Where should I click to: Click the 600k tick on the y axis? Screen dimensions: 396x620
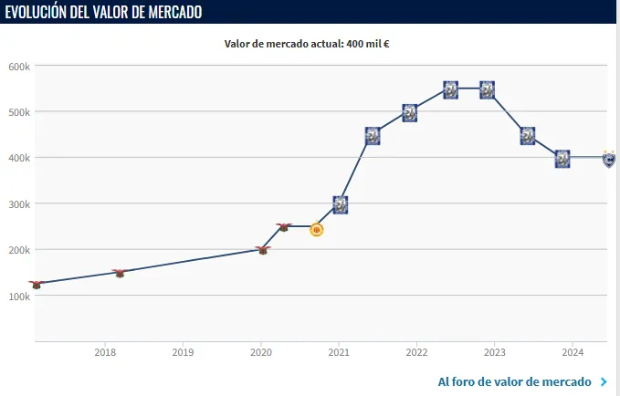point(20,66)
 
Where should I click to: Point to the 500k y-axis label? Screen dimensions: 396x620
point(20,111)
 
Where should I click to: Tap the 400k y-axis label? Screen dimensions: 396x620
point(20,158)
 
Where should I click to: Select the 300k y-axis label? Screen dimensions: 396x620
point(20,203)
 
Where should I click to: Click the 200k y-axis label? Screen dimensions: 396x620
point(20,250)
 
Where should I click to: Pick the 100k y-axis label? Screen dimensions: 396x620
point(20,296)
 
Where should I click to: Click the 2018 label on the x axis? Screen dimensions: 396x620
point(105,352)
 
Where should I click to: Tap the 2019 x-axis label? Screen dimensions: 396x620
point(183,352)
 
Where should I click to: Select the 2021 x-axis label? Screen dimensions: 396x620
point(339,352)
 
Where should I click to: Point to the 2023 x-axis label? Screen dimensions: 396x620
point(494,352)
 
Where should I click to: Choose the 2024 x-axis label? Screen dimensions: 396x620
point(573,352)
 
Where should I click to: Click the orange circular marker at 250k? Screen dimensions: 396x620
point(317,229)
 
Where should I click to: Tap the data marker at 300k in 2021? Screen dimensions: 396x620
point(340,205)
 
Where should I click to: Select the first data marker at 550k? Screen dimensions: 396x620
point(450,89)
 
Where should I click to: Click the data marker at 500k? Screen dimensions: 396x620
point(410,113)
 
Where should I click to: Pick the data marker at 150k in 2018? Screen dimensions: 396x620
point(119,273)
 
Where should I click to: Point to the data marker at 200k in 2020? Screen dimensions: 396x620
point(263,249)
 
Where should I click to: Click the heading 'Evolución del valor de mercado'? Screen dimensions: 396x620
point(103,12)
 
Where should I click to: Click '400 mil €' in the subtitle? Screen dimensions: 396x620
point(370,43)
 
